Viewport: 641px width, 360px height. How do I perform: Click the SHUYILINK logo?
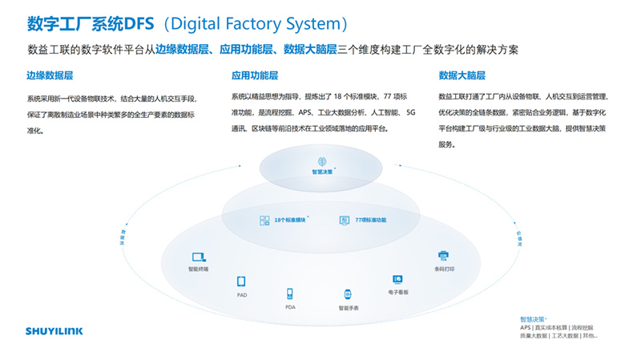[x=54, y=330]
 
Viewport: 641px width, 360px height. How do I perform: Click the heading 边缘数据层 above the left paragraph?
[x=50, y=76]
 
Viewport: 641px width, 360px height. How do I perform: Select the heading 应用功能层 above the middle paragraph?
[x=255, y=76]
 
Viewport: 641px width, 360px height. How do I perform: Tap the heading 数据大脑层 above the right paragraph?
[x=462, y=76]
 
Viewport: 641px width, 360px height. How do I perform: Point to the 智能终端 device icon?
[x=198, y=257]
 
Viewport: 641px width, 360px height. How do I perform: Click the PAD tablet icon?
[x=240, y=281]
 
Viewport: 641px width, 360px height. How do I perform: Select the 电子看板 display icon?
[x=397, y=279]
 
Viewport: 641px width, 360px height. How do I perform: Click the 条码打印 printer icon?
[x=444, y=256]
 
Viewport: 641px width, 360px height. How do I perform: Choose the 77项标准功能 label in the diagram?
[x=370, y=220]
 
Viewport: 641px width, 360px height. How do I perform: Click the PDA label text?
[x=290, y=307]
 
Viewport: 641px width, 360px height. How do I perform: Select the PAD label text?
[x=240, y=295]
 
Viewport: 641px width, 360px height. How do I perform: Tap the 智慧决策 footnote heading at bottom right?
[x=532, y=319]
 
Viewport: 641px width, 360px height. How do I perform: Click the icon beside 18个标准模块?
[x=264, y=220]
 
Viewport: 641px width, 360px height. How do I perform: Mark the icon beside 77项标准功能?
[x=344, y=220]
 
